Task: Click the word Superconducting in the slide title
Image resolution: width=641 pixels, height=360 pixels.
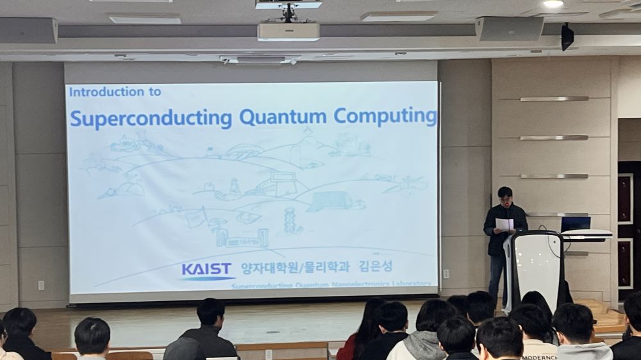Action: tap(151, 118)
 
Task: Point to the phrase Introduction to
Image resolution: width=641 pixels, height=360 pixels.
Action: tap(115, 92)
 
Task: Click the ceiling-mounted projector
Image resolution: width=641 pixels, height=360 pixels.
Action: tap(288, 31)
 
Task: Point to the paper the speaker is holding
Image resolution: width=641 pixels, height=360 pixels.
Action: tap(505, 224)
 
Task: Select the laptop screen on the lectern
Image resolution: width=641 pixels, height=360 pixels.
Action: tap(576, 224)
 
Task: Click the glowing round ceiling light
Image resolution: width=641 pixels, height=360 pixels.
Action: tap(553, 4)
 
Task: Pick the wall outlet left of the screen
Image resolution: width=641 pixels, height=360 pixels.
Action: tap(41, 284)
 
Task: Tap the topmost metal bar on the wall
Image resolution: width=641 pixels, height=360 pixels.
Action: tap(554, 99)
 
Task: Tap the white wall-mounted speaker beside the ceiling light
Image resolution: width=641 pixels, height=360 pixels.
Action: tap(509, 29)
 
